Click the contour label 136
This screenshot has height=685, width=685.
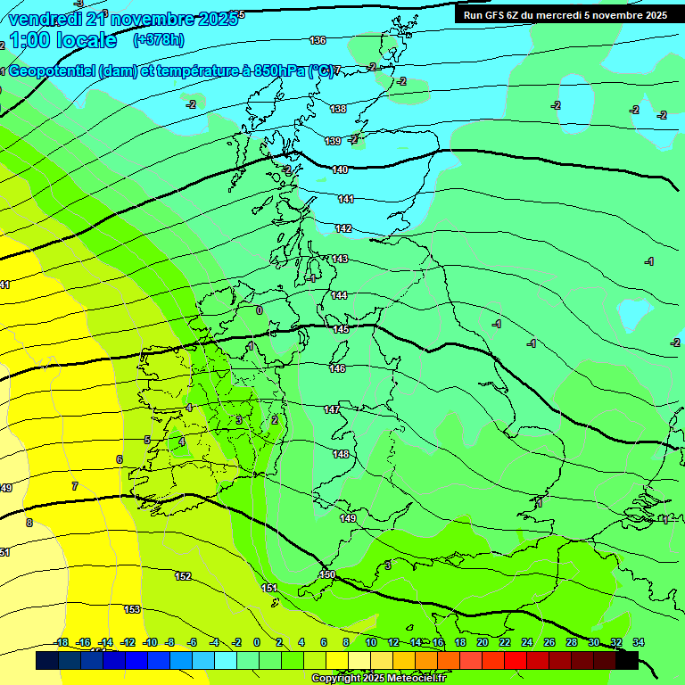pos(318,40)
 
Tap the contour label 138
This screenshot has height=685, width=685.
pos(338,109)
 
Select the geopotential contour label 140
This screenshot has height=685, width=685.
pos(340,169)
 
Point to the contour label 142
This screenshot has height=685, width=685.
pos(343,229)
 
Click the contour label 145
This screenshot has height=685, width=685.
pos(341,329)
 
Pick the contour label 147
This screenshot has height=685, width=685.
pos(332,409)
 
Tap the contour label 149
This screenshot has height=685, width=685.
pos(348,518)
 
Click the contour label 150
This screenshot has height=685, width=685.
pos(327,574)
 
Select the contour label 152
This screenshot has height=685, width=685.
pos(183,576)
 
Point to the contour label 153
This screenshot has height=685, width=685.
pos(132,609)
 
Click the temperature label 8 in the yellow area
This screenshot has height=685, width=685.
pos(29,523)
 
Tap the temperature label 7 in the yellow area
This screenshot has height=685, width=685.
pos(75,486)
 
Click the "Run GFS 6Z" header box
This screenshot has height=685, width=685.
pos(565,15)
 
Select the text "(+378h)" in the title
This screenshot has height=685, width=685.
pos(159,40)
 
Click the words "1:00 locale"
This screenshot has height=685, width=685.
pos(62,40)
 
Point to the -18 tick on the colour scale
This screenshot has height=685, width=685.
pos(62,642)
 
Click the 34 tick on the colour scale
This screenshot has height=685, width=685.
pos(638,642)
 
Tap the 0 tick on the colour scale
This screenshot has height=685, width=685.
pos(257,642)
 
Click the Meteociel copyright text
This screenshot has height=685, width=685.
pos(378,679)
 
